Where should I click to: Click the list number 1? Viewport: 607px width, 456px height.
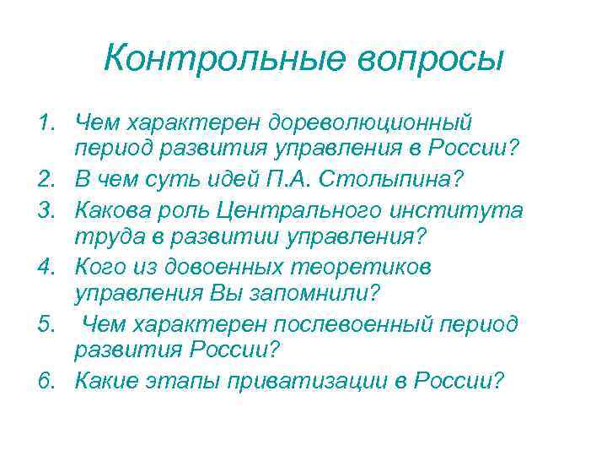pos(46,124)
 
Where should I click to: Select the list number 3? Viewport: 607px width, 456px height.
pos(46,210)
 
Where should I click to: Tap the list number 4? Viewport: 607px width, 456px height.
pos(46,267)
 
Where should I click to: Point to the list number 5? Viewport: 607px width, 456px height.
pos(46,324)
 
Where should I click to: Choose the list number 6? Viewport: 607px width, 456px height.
pos(46,380)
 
